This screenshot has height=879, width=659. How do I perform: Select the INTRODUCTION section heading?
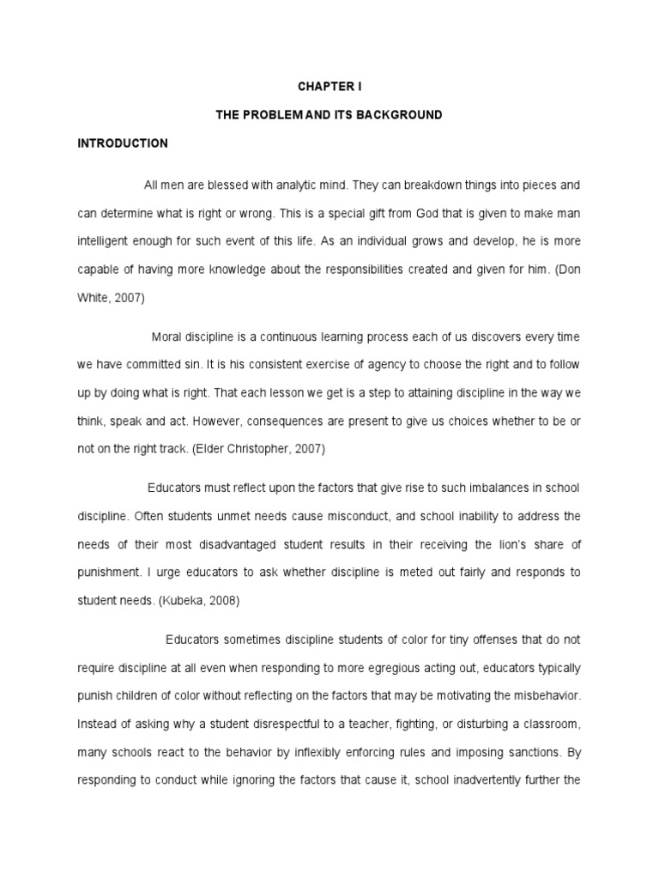pyautogui.click(x=123, y=143)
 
